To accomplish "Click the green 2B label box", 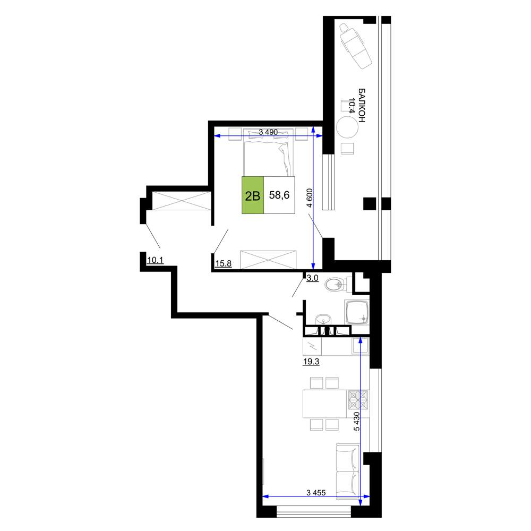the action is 253,195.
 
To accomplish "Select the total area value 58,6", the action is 279,195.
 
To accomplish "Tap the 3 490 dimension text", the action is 268,132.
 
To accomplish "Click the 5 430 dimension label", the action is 356,421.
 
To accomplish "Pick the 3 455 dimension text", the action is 316,493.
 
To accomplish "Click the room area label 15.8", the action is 224,263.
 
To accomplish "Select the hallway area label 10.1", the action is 156,260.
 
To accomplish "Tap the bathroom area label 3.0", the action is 312,278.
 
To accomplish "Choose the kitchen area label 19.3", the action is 311,362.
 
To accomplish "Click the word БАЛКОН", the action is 362,105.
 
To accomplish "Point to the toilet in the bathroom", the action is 338,284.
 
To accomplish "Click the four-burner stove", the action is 358,400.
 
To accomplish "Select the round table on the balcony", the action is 347,127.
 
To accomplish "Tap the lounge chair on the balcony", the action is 355,46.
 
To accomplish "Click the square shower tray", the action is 357,312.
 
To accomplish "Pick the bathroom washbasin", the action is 323,320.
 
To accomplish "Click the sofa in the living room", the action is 348,471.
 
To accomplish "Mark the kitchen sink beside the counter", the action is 360,346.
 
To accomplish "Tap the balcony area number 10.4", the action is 352,106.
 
